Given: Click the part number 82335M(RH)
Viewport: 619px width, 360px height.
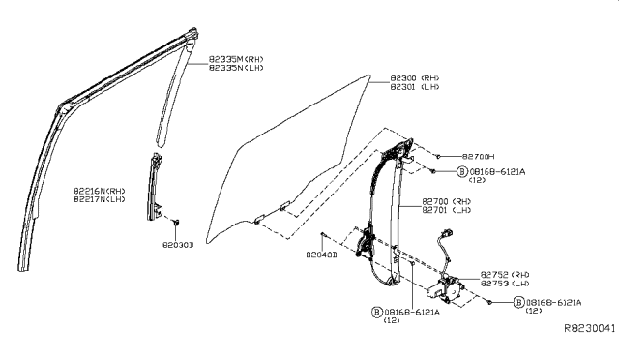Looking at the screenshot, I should pyautogui.click(x=235, y=60).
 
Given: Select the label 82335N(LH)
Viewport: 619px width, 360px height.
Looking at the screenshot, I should pyautogui.click(x=235, y=69).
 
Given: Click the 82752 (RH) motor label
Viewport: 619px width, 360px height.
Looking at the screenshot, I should pyautogui.click(x=504, y=274).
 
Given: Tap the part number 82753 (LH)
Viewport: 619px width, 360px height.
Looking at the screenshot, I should pyautogui.click(x=504, y=284).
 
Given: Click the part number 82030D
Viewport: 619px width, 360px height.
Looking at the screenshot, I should pyautogui.click(x=177, y=245).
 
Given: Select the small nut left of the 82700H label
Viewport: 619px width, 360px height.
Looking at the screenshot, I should pyautogui.click(x=438, y=156).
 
